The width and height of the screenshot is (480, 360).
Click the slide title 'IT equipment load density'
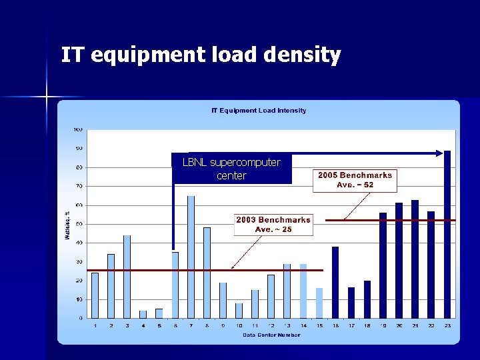[201, 55]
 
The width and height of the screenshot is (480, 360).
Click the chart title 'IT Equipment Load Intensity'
[259, 111]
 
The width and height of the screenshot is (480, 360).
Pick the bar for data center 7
[191, 257]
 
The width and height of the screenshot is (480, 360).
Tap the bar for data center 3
[127, 277]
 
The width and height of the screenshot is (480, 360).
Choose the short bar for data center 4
[143, 314]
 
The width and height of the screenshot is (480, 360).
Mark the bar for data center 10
[239, 311]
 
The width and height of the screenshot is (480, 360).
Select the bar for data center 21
[415, 259]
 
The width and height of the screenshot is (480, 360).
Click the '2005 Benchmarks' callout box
[355, 180]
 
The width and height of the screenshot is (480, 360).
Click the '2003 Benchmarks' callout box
[273, 224]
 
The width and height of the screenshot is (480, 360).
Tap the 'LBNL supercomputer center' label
[231, 169]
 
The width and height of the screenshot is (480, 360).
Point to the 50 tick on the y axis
[78, 224]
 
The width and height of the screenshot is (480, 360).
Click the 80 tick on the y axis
[78, 167]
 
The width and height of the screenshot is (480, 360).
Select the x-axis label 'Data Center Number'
[271, 335]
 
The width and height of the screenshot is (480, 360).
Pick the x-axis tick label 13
[287, 325]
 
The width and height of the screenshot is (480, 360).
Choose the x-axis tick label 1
[95, 325]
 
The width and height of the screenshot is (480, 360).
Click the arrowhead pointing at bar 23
[439, 153]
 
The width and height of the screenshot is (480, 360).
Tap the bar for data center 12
[271, 296]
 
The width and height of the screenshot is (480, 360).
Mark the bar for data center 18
[367, 299]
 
